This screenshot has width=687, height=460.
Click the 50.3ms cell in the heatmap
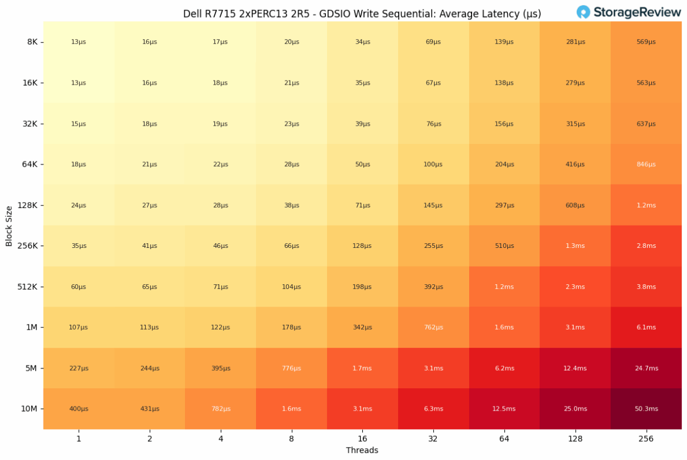(x=646, y=409)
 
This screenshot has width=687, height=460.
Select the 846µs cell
(x=646, y=164)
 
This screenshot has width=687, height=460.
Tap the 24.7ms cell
(x=646, y=368)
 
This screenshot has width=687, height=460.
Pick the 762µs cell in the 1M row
(x=433, y=327)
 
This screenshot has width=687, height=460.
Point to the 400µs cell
(x=78, y=409)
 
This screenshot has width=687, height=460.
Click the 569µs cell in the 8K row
(x=646, y=42)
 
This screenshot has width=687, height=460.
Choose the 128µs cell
(x=362, y=246)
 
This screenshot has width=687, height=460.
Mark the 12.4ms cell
(x=575, y=368)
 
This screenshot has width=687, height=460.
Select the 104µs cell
(x=291, y=287)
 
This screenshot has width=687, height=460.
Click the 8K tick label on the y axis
(x=32, y=42)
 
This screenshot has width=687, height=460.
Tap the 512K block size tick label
(x=28, y=287)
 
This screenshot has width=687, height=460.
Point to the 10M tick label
(x=30, y=409)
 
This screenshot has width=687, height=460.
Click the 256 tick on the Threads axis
(x=646, y=438)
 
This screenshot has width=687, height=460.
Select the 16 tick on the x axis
(x=362, y=438)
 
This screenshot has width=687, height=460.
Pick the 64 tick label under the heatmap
(x=504, y=438)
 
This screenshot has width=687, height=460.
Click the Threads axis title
(x=362, y=451)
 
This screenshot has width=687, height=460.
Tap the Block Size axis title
(x=9, y=226)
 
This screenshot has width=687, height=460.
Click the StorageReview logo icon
(x=583, y=12)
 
